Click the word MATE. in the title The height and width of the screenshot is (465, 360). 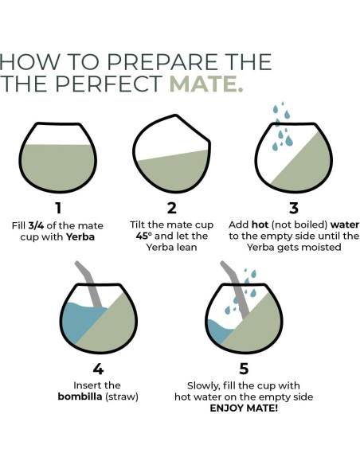pos(206,84)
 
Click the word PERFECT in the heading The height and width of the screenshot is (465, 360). pos(108,84)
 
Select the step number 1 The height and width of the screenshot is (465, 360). pos(58,208)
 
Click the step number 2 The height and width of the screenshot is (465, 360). pos(172,208)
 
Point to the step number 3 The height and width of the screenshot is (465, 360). pos(294,208)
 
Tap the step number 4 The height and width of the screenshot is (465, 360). pos(98,369)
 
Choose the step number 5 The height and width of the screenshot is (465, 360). pos(244,369)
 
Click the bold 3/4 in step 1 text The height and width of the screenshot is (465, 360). pos(36,225)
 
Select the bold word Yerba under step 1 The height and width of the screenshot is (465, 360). pos(80,237)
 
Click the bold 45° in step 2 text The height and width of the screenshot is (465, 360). pos(144,236)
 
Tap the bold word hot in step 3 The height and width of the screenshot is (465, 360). pos(260,225)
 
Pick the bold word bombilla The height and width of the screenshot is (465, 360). pos(80,397)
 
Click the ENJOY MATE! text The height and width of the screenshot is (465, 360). pos(244,408)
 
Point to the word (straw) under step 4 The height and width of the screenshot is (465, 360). pos(122,397)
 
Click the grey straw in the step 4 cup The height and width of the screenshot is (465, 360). pos(89,284)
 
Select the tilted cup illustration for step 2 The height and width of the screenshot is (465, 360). pos(172,154)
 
